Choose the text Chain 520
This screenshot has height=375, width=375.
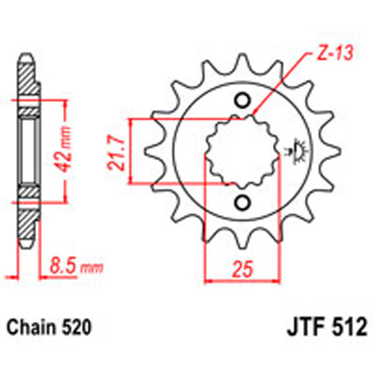pyautogui.click(x=50, y=327)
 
